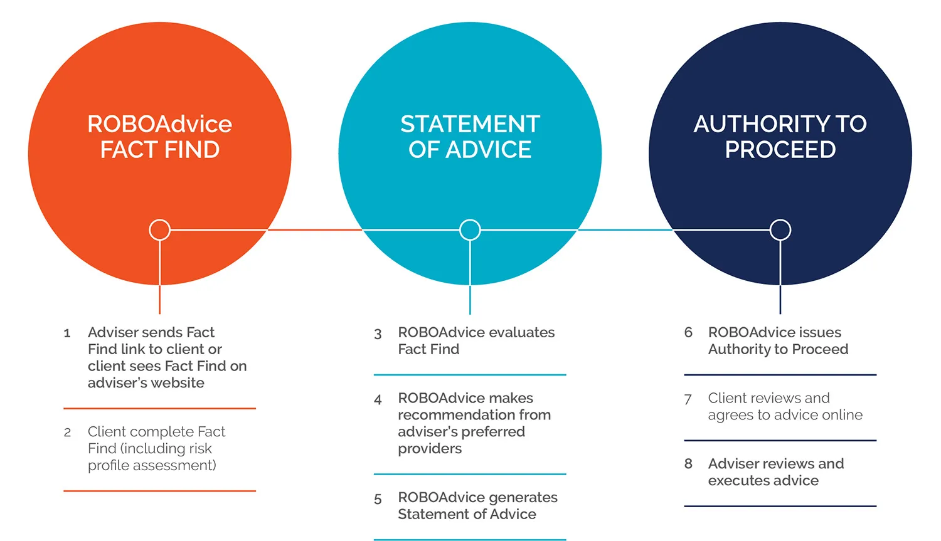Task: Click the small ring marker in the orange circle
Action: pyautogui.click(x=159, y=230)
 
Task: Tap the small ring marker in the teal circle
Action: pyautogui.click(x=470, y=230)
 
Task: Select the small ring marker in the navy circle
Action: pyautogui.click(x=780, y=230)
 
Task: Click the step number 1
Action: pyautogui.click(x=67, y=334)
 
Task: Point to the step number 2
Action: pyautogui.click(x=67, y=433)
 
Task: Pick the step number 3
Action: pyautogui.click(x=378, y=334)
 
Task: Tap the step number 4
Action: pyautogui.click(x=378, y=399)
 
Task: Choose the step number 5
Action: pyautogui.click(x=378, y=499)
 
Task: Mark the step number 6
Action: pyautogui.click(x=688, y=332)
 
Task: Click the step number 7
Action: pyautogui.click(x=688, y=399)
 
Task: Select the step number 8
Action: pyautogui.click(x=688, y=464)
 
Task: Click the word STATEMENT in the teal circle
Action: pyautogui.click(x=470, y=124)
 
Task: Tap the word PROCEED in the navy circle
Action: pyautogui.click(x=780, y=150)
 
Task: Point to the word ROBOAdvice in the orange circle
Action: pyautogui.click(x=159, y=124)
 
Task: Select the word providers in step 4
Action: pyautogui.click(x=430, y=449)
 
